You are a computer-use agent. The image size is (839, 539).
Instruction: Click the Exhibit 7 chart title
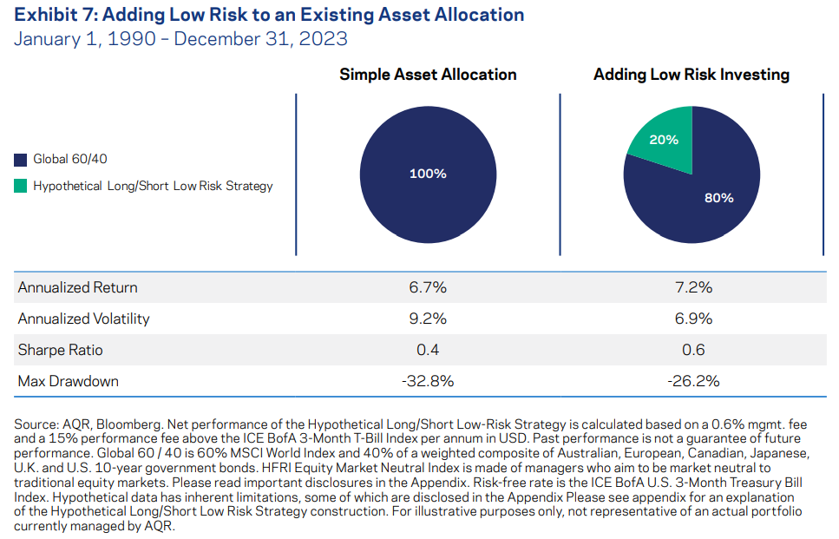pyautogui.click(x=269, y=15)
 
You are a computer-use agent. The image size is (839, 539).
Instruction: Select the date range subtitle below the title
pyautogui.click(x=180, y=39)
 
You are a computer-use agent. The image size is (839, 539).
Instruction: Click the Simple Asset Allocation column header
pyautogui.click(x=428, y=75)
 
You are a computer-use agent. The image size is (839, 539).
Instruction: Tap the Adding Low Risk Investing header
pyautogui.click(x=692, y=75)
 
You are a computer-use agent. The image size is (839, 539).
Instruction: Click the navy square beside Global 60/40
pyautogui.click(x=21, y=160)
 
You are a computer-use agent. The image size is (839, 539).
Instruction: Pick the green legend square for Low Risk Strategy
pyautogui.click(x=21, y=186)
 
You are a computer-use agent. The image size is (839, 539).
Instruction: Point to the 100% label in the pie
pyautogui.click(x=428, y=174)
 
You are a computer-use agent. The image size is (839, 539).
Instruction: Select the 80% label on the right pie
pyautogui.click(x=718, y=197)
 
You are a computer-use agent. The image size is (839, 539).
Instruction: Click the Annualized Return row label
pyautogui.click(x=77, y=287)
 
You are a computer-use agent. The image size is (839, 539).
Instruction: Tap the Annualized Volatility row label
pyautogui.click(x=83, y=319)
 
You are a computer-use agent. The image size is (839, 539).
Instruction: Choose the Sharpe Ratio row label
pyautogui.click(x=60, y=350)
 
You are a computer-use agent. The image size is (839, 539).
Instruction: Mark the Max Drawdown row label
pyautogui.click(x=68, y=381)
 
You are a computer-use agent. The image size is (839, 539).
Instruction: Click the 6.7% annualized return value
pyautogui.click(x=428, y=287)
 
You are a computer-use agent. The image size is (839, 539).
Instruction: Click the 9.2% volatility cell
pyautogui.click(x=428, y=319)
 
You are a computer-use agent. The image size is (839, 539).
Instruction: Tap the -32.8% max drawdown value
pyautogui.click(x=428, y=381)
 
